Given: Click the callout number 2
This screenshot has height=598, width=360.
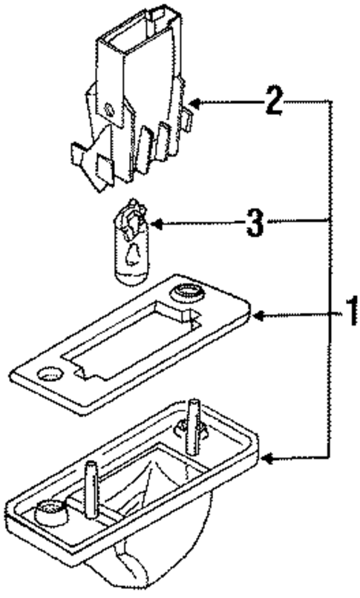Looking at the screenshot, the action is [x=275, y=102].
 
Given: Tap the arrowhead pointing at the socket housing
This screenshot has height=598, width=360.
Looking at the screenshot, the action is [x=194, y=102].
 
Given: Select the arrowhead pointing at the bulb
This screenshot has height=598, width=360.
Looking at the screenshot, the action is [x=157, y=224].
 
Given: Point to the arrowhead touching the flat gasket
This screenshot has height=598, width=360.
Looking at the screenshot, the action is [x=258, y=316].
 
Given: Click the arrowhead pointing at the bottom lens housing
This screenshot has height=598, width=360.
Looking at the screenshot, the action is [x=269, y=459].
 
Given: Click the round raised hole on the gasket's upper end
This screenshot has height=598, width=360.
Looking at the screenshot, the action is [x=186, y=294].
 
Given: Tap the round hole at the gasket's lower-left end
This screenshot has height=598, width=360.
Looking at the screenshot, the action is [x=50, y=373].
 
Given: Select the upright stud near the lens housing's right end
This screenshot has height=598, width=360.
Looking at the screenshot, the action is [x=194, y=427].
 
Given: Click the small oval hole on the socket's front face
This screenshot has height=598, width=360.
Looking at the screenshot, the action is [x=108, y=110].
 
